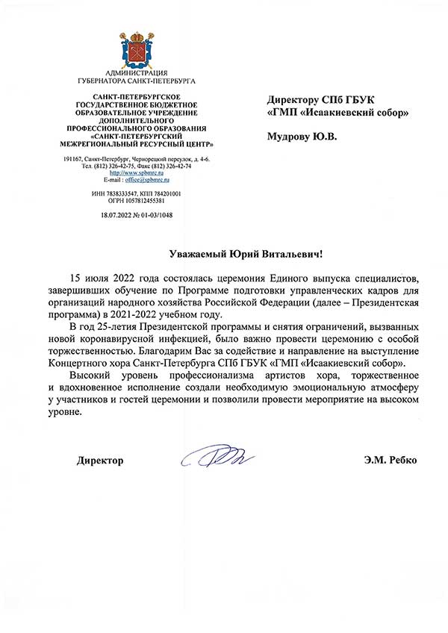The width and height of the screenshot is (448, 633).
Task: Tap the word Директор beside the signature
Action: (100, 461)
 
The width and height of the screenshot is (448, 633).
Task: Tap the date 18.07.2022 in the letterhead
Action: (116, 214)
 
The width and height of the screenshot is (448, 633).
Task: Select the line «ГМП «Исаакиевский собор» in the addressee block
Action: (337, 113)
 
